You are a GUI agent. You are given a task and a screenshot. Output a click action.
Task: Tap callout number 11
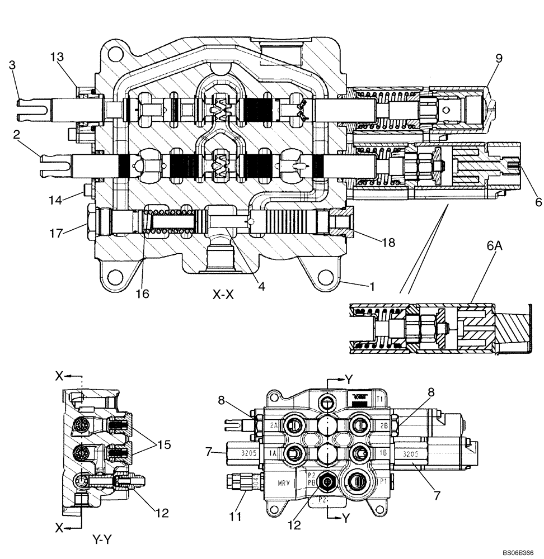pos(236,517)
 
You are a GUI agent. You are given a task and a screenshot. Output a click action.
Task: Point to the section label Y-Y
pos(103,541)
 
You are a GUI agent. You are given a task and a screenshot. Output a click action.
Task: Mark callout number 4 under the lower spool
pos(261,286)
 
